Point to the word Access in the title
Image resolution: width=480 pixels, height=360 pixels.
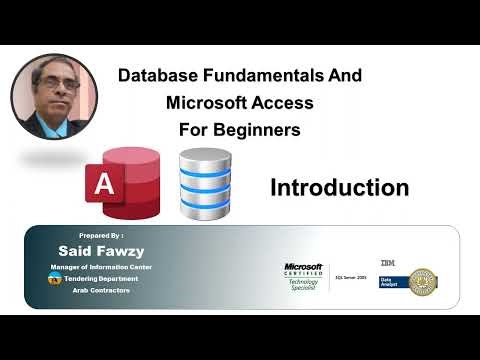[x=286, y=102]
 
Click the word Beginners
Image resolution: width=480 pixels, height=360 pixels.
[x=256, y=129]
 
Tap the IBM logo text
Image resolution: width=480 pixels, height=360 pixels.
[x=387, y=262]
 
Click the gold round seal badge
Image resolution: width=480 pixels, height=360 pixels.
[x=424, y=283]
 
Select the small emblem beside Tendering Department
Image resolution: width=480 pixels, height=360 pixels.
[x=54, y=280]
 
